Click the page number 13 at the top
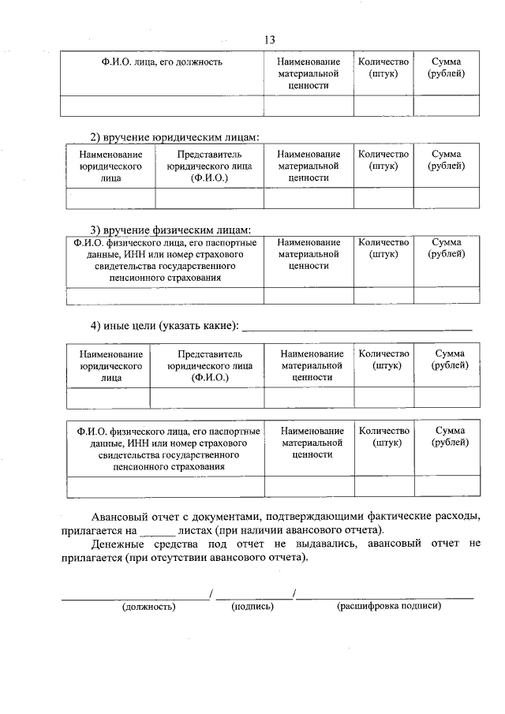point(270,40)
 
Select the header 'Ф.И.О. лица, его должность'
point(162,62)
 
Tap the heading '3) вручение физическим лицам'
point(170,230)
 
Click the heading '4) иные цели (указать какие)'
point(164,326)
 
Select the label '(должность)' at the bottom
point(148,607)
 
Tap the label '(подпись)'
point(252,607)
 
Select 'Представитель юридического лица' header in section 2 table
point(209,166)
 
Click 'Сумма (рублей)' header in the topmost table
point(447,68)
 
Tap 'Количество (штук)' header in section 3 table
point(383,249)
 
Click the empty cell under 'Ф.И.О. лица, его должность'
point(162,105)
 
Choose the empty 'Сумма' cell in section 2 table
point(447,197)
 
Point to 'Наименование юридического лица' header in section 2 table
point(111,166)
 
